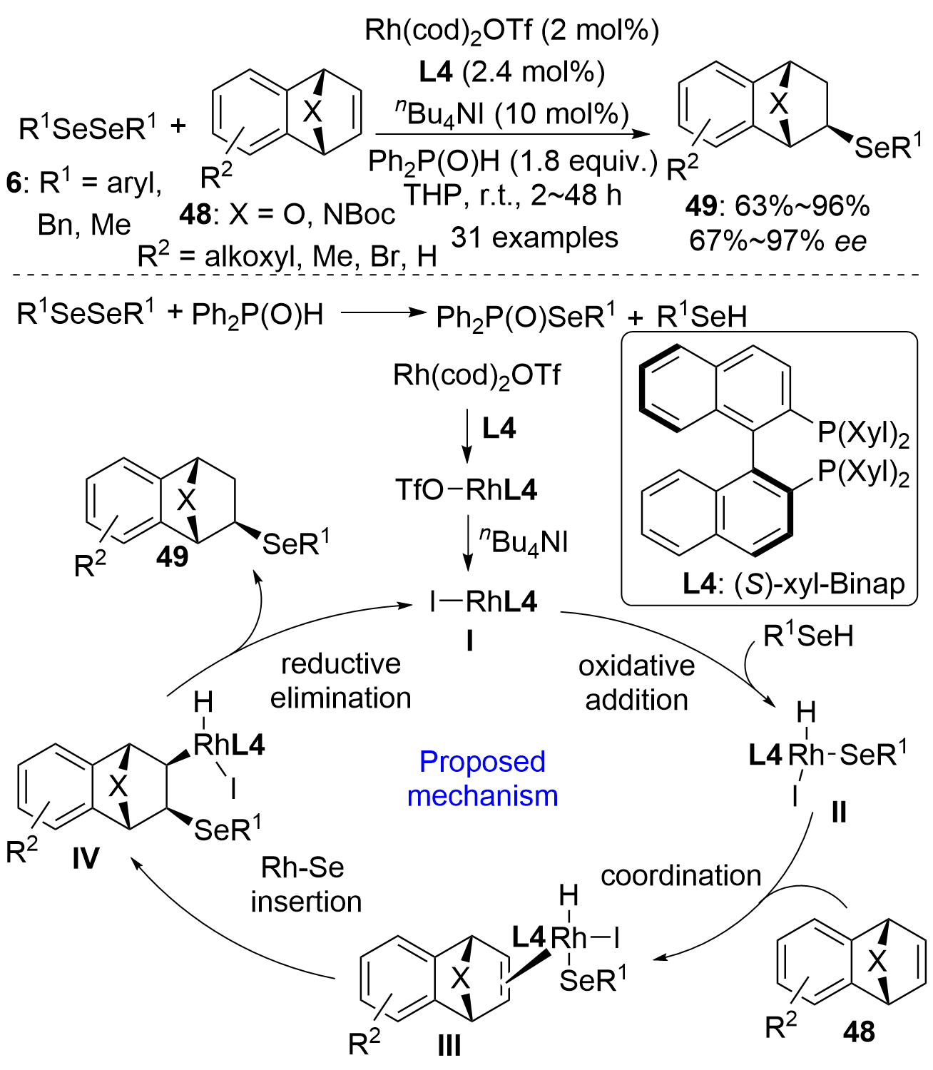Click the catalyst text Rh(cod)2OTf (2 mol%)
(511, 30)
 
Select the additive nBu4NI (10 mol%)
(511, 113)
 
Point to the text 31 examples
(534, 238)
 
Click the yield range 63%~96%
(777, 206)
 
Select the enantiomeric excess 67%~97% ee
(777, 241)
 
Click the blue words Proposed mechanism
(482, 778)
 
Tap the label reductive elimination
(340, 681)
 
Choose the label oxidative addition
(636, 683)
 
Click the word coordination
(680, 875)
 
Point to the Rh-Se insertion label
(306, 885)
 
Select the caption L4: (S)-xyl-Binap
(793, 584)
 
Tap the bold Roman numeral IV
(86, 859)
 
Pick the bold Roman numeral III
(449, 1046)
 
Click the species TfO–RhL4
(466, 490)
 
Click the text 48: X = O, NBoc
(287, 214)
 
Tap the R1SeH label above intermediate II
(808, 636)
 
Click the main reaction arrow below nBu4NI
(512, 134)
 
